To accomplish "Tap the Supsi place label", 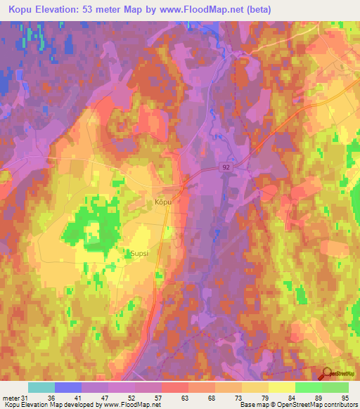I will click(x=139, y=253).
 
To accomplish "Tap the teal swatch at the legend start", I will click(x=41, y=387).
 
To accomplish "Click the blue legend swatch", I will click(x=68, y=387).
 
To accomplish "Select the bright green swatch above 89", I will click(x=309, y=387).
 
